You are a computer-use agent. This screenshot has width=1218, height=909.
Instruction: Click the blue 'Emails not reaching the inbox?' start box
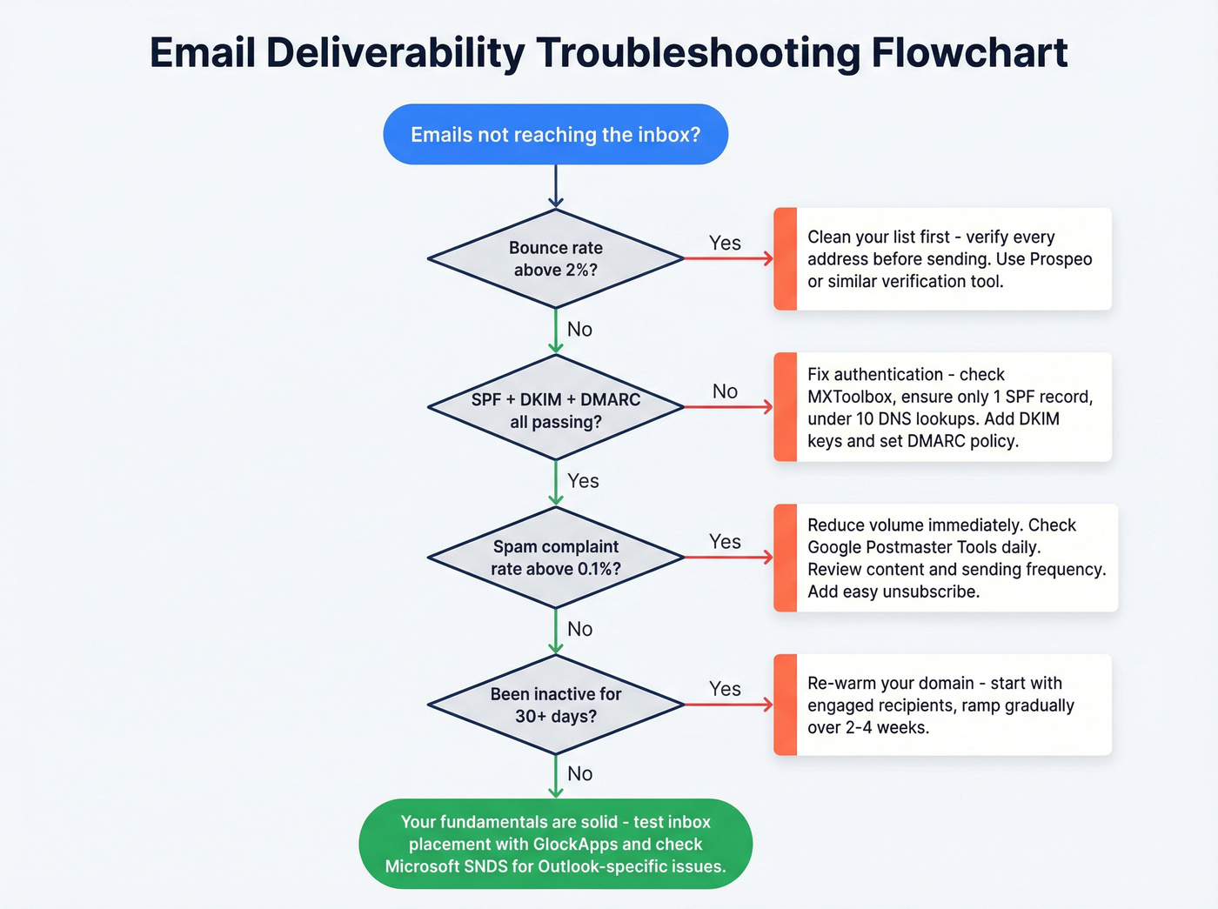555,135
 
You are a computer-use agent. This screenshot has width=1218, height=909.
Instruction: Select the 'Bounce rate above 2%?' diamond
555,258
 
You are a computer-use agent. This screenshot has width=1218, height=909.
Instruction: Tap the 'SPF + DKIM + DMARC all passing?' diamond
555,410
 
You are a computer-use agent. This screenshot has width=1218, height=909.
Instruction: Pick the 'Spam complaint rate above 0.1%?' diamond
555,558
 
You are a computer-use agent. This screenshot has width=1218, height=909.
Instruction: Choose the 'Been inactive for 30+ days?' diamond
555,705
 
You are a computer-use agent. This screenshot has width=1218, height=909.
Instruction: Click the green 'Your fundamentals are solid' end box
555,844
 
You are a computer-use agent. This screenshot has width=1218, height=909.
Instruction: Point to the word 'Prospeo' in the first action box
1061,259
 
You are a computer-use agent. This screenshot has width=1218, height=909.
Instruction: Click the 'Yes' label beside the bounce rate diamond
725,244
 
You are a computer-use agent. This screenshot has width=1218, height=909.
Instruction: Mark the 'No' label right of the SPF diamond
725,391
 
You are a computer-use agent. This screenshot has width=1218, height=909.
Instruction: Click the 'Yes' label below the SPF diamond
583,481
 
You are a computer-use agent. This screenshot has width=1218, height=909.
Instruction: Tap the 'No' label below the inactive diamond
579,773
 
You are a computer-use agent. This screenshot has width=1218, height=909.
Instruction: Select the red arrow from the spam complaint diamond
728,557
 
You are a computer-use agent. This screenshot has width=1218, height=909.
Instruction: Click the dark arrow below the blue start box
555,186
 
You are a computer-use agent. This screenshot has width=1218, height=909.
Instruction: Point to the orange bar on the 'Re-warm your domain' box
785,705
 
